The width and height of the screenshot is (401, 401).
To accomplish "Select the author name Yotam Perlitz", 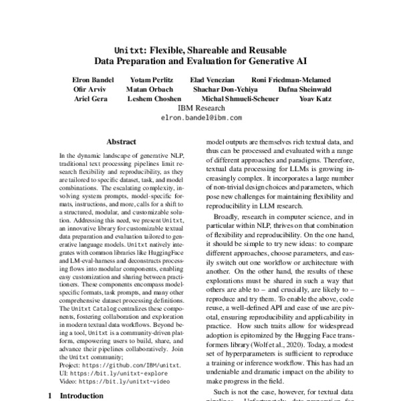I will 154,80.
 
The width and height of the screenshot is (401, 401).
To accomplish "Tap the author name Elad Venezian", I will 215,80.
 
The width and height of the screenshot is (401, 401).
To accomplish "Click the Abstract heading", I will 121,142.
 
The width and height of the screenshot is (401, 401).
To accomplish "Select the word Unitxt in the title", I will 129,49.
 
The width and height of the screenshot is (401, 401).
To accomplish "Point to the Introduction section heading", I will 82,396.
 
